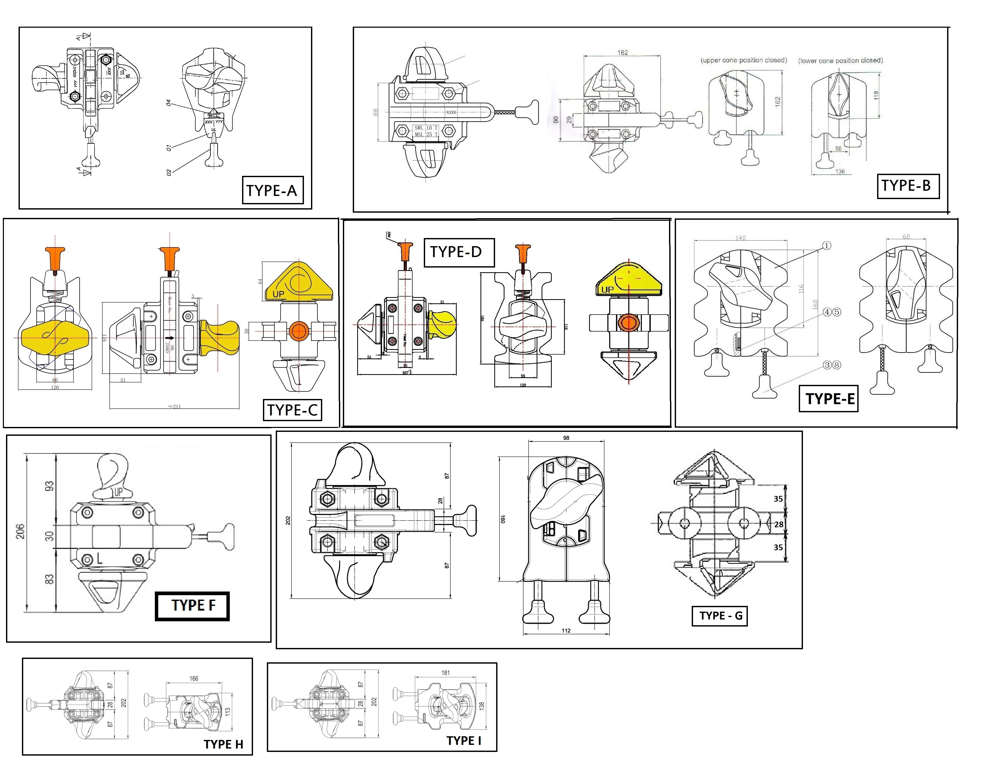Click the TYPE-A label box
click(272, 190)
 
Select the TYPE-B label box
click(907, 186)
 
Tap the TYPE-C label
click(292, 410)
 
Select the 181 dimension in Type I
click(445, 673)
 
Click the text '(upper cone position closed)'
click(744, 60)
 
